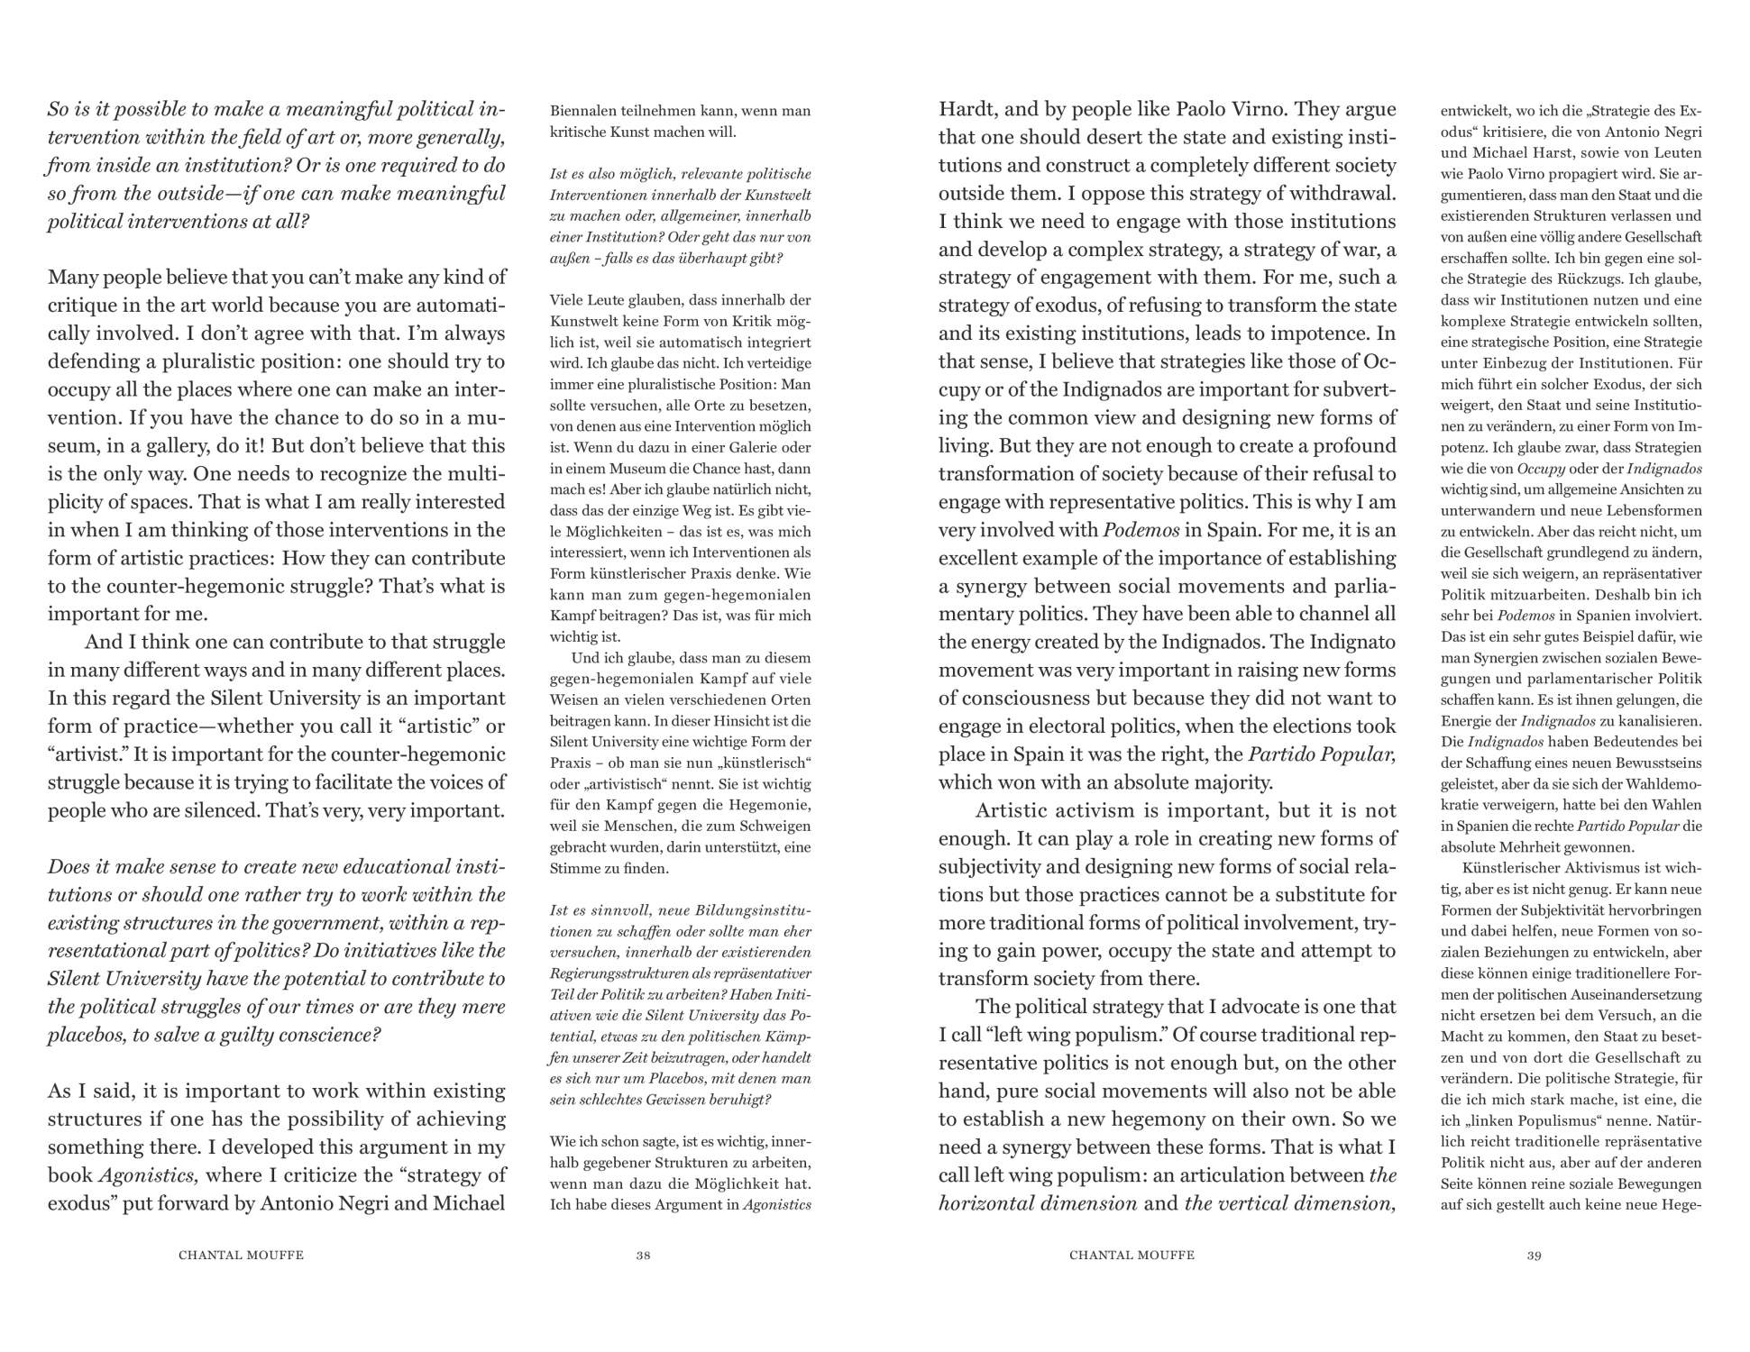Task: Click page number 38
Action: tap(643, 1255)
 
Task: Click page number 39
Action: tap(1534, 1255)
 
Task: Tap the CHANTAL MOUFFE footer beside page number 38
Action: tap(241, 1255)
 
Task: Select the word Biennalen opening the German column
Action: tap(584, 111)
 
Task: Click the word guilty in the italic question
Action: tap(248, 1034)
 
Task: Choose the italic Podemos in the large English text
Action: tap(1140, 529)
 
